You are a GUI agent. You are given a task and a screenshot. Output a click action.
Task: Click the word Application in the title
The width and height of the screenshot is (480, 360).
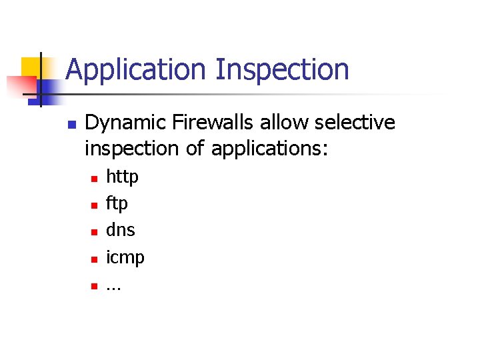point(137,70)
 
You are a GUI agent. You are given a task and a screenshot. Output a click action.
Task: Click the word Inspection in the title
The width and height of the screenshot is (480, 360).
point(282,70)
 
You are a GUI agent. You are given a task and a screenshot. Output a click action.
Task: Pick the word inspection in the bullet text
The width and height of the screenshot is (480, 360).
point(132,149)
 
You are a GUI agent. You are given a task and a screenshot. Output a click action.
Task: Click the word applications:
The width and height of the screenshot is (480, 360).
point(270,149)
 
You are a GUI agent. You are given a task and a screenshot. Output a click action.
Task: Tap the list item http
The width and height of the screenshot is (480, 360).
point(122,177)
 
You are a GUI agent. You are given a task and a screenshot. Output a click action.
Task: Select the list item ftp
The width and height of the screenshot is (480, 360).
point(117,203)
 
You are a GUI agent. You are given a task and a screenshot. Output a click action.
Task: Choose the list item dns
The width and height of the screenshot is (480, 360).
point(121,230)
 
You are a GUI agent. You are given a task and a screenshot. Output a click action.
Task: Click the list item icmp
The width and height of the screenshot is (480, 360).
point(125,257)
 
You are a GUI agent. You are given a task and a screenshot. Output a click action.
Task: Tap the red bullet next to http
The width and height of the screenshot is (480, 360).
point(94,179)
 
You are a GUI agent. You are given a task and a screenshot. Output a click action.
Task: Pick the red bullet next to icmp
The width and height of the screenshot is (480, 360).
point(94,259)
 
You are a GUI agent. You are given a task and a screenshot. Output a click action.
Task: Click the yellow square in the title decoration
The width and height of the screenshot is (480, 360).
point(31,67)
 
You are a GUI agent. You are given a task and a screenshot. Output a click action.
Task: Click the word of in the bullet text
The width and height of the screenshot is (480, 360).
point(195,149)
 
